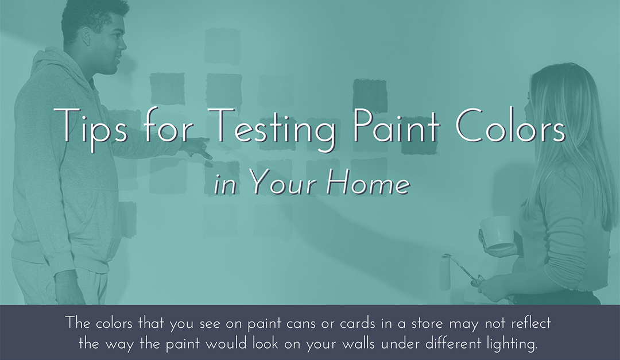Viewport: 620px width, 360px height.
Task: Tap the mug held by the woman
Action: click(497, 231)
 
